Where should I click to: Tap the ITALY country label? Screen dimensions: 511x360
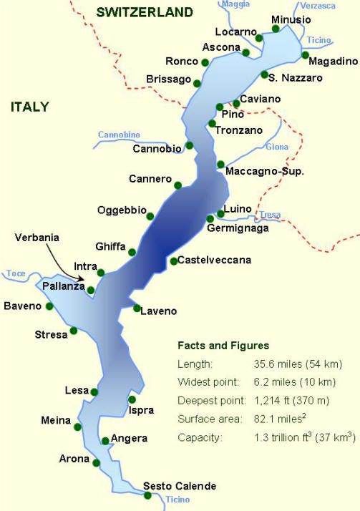(29, 107)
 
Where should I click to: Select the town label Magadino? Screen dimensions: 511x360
(332, 62)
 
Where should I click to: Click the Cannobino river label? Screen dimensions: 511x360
(119, 135)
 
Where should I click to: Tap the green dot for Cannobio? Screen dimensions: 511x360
(190, 145)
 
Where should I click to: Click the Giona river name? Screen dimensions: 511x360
(276, 147)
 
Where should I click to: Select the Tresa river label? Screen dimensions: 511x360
(271, 214)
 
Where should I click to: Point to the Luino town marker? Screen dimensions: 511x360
(220, 213)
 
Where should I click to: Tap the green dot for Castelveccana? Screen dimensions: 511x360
(173, 261)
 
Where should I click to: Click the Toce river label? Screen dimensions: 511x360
(16, 273)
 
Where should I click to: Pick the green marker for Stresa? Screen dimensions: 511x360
(74, 331)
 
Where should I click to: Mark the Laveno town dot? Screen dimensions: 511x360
(137, 308)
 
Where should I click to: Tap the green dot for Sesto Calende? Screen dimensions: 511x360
(148, 495)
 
